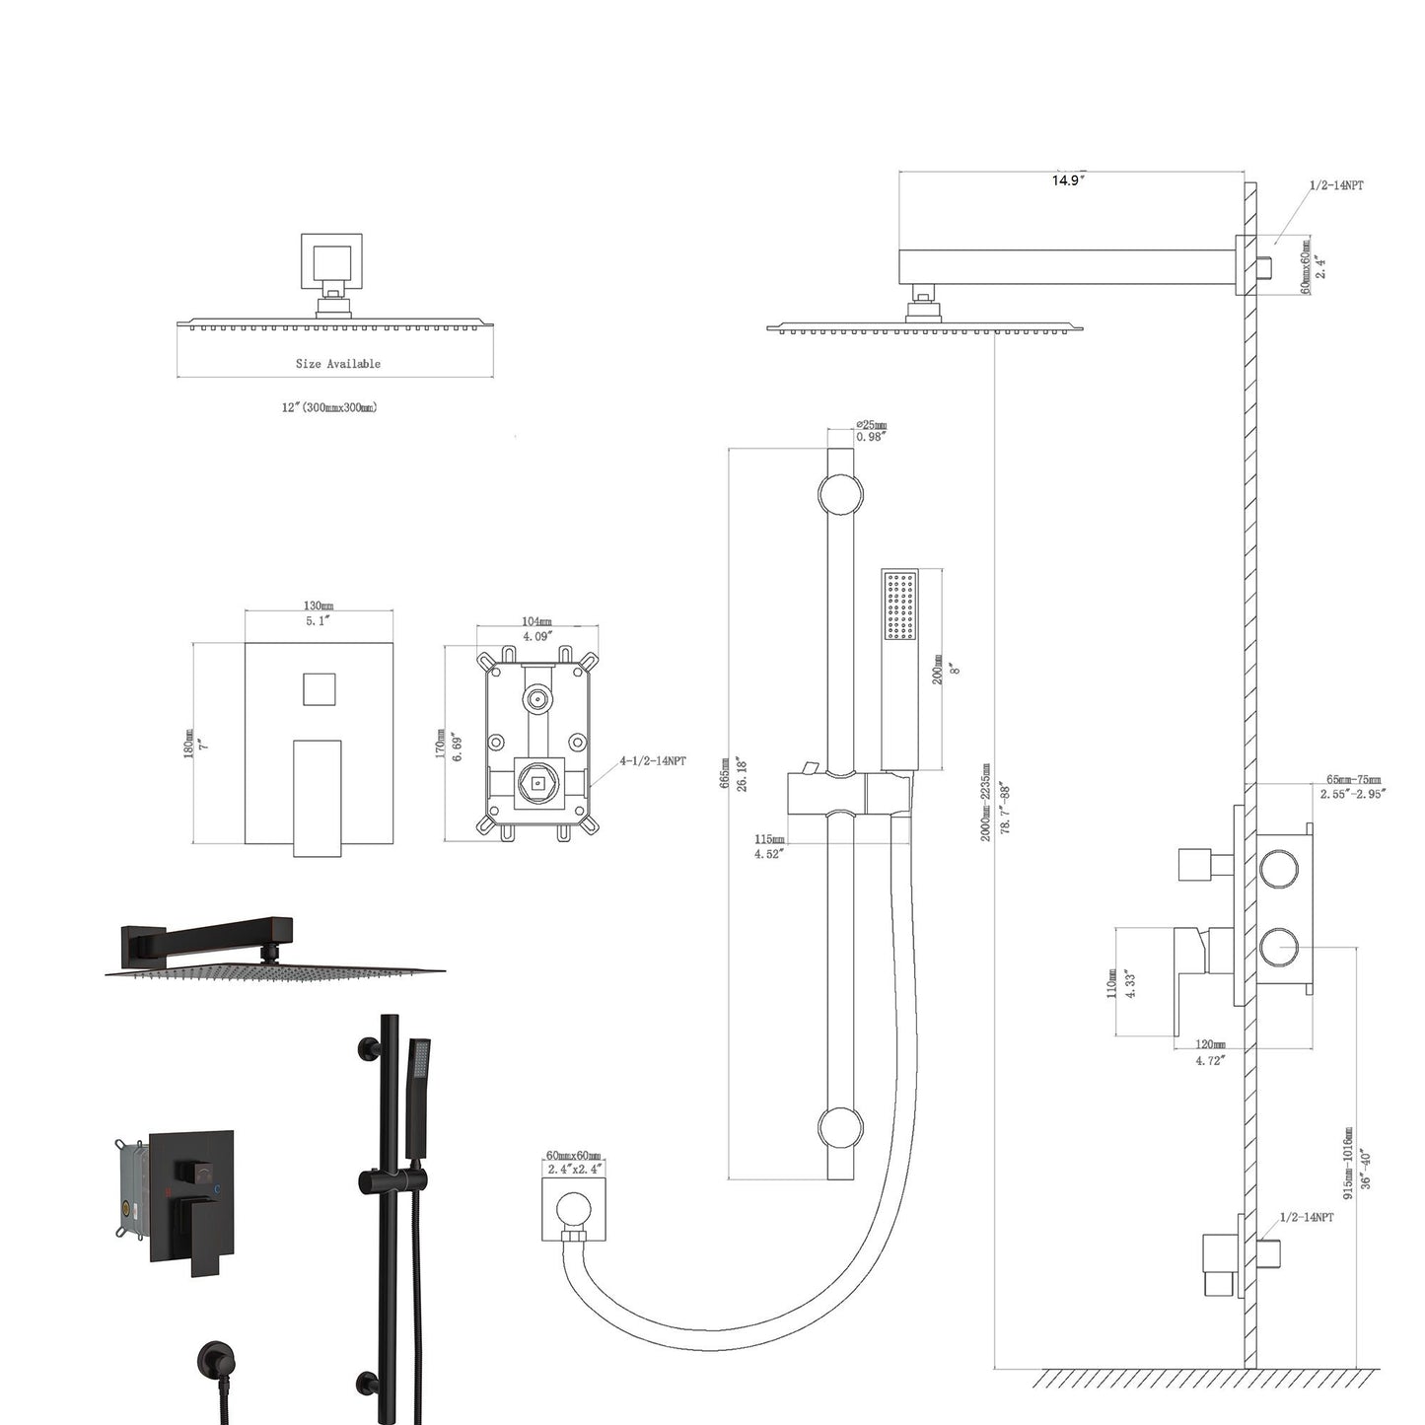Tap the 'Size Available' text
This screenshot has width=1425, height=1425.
(337, 364)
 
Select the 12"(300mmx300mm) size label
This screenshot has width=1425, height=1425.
(329, 407)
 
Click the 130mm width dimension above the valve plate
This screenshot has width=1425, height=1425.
(318, 606)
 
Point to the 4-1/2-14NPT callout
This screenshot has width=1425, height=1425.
(653, 761)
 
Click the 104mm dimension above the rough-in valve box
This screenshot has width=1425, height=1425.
(536, 622)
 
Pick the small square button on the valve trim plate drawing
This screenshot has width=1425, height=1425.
(319, 689)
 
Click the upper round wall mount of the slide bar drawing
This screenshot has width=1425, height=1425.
(839, 493)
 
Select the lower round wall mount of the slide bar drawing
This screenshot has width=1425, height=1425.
(839, 1127)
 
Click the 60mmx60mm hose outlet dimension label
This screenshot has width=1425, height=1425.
(573, 1156)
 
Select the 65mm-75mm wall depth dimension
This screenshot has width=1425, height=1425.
(1352, 780)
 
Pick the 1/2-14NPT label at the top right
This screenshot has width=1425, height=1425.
(1336, 185)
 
